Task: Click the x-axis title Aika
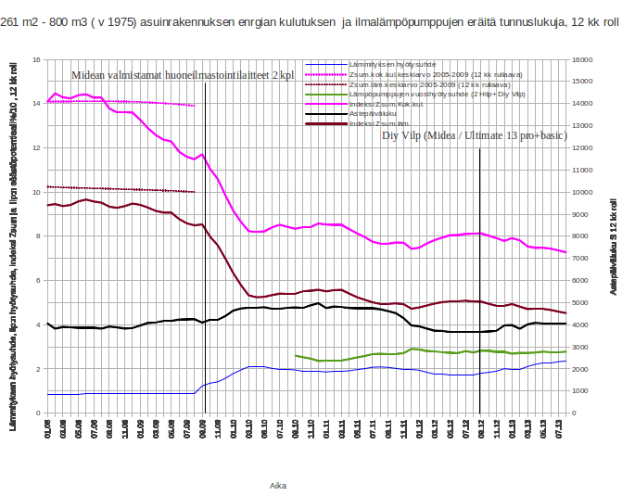click(277, 484)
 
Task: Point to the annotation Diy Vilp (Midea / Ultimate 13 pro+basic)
click(475, 135)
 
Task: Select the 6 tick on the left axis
click(37, 280)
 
